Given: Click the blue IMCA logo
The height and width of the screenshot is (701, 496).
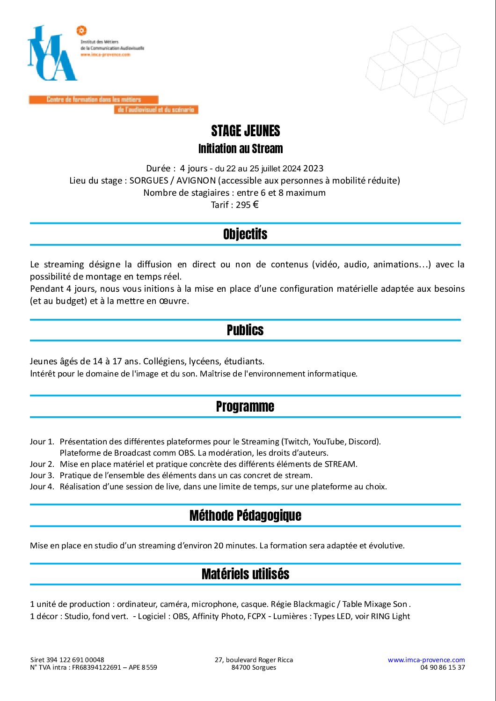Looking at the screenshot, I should click(x=52, y=54).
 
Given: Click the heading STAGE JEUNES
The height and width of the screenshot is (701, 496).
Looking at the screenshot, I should click(x=245, y=131).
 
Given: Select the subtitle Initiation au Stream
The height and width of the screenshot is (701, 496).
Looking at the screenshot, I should click(x=241, y=149).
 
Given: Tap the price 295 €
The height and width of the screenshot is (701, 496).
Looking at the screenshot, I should click(x=247, y=205).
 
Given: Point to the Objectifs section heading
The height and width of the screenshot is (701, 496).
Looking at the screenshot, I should click(x=245, y=234).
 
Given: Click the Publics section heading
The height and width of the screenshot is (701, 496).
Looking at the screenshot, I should click(x=245, y=330).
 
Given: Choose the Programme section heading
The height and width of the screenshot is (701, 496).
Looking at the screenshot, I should click(x=245, y=406).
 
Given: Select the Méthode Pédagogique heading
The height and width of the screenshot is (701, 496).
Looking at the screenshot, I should click(x=245, y=516).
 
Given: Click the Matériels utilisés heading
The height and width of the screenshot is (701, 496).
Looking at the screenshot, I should click(x=245, y=574).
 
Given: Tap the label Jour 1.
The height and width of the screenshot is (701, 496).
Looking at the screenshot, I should click(x=42, y=442).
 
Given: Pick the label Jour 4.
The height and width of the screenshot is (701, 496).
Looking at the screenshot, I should click(x=42, y=487).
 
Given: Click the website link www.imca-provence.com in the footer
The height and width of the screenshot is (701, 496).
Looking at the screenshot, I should click(x=426, y=660).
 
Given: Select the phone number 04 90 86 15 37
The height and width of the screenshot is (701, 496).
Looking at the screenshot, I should click(x=442, y=667).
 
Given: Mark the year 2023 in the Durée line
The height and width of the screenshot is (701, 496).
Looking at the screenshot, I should click(x=313, y=169).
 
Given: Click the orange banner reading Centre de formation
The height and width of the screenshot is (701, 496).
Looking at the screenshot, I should click(x=94, y=100).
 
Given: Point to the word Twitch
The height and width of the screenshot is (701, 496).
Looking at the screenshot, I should click(x=296, y=442).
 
